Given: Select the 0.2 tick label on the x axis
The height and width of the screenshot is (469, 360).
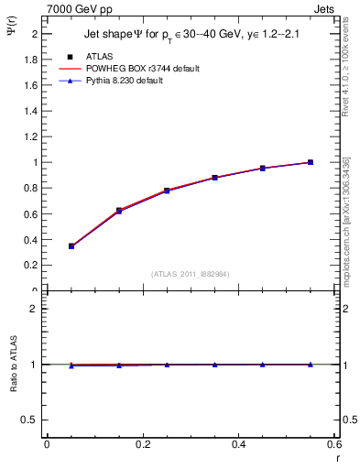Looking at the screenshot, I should click(x=143, y=444).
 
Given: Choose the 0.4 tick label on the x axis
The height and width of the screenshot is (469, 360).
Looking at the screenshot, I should click(x=238, y=444).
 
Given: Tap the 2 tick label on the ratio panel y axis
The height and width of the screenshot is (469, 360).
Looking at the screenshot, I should click(x=38, y=309).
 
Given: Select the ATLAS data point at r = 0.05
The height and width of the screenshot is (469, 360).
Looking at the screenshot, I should click(x=71, y=246).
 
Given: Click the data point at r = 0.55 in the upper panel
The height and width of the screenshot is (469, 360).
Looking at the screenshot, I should click(x=311, y=162).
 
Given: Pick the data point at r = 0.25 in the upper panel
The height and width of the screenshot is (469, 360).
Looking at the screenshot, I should click(x=167, y=191).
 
